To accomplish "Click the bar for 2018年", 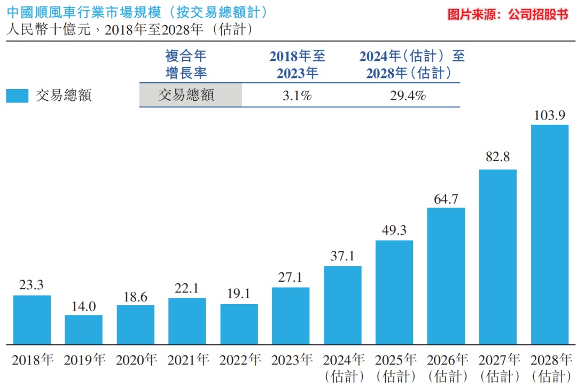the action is (x=32, y=320).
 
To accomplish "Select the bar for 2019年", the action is (x=83, y=330).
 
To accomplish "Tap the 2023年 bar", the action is (x=291, y=316).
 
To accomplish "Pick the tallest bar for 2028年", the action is (x=550, y=235).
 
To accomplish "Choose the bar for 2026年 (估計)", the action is (x=446, y=276).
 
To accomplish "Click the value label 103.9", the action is (x=549, y=115).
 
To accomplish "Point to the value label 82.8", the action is (x=497, y=157).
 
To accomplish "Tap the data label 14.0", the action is (x=83, y=306).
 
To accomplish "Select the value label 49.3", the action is (x=394, y=230).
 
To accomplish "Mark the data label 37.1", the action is (x=342, y=256).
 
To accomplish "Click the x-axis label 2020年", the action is (x=136, y=360).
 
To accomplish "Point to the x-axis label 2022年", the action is (x=240, y=360).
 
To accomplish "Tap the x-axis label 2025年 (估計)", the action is (x=395, y=368).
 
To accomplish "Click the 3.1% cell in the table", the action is (x=297, y=96).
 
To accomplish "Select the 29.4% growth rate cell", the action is (x=408, y=96).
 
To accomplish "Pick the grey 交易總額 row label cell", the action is (x=191, y=95).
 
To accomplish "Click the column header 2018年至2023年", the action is (x=298, y=65).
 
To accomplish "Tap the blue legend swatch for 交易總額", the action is (x=17, y=96).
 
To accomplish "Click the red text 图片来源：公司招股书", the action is (x=508, y=14).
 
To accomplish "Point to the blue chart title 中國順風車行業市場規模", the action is (x=84, y=12).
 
